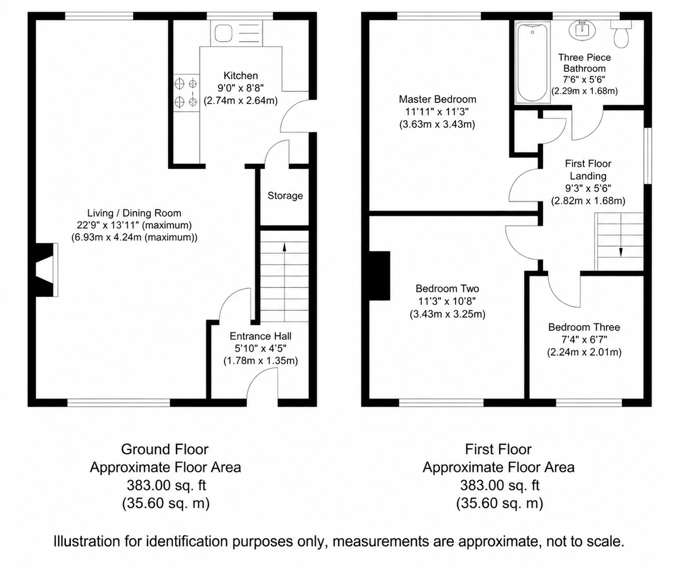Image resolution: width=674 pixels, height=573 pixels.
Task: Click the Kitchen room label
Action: click(241, 76)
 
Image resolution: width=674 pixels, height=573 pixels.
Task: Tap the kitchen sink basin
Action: click(224, 34)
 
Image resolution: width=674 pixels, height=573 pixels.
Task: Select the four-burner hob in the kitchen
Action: click(186, 93)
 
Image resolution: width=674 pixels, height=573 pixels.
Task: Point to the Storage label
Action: click(285, 196)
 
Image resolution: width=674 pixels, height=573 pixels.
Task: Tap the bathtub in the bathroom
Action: click(532, 62)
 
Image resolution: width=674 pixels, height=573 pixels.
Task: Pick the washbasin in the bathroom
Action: click(582, 30)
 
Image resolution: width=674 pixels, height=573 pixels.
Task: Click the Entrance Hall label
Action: click(260, 336)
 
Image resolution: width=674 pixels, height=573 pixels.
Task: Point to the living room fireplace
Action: click(46, 270)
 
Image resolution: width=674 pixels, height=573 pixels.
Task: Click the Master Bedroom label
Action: click(437, 99)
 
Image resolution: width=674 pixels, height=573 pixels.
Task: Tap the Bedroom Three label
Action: click(584, 327)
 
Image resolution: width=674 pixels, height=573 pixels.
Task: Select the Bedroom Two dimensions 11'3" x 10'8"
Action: click(447, 301)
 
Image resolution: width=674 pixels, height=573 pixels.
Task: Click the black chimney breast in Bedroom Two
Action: click(379, 276)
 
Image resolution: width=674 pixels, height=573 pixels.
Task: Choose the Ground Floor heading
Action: click(165, 449)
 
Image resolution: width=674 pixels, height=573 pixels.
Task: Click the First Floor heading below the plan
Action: click(498, 449)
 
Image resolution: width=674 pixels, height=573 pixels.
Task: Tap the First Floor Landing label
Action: click(588, 170)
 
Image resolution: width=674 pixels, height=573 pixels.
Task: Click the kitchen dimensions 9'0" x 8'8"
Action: click(241, 88)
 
